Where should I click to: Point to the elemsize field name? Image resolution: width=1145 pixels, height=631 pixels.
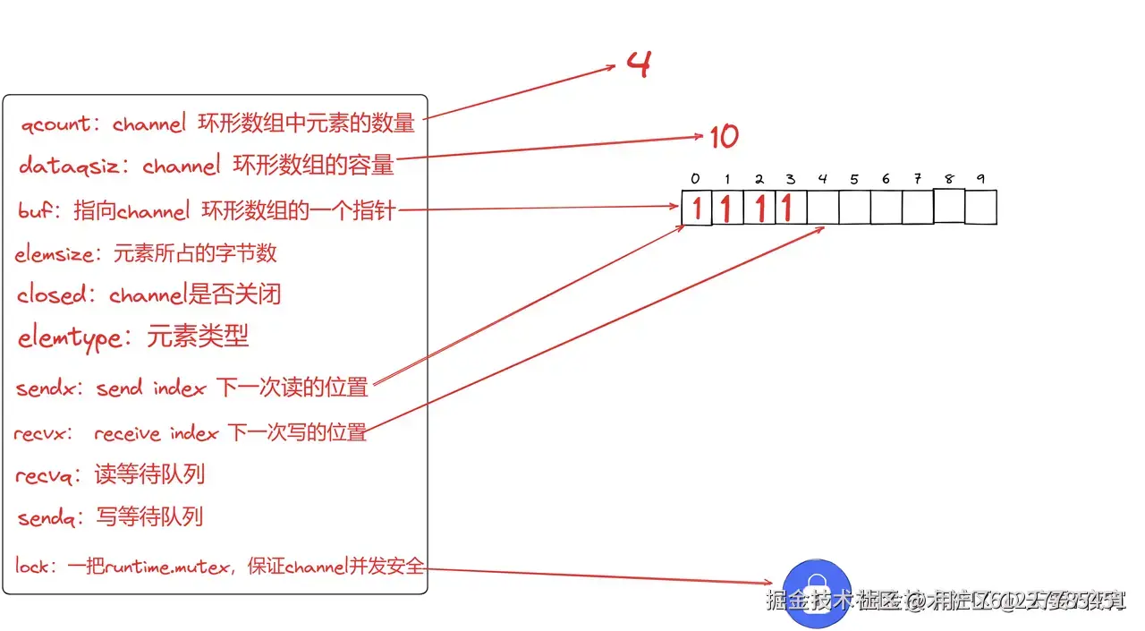[x=55, y=254]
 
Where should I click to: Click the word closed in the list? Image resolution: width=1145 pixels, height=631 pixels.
[x=52, y=294]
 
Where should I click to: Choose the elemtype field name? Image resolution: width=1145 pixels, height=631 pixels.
[x=69, y=337]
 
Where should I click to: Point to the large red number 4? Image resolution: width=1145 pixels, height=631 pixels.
[x=638, y=64]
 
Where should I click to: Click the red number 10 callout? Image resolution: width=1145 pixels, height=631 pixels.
[x=724, y=137]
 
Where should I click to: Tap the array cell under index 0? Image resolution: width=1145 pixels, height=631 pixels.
[x=697, y=208]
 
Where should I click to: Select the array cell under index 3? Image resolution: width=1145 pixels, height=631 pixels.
[x=791, y=208]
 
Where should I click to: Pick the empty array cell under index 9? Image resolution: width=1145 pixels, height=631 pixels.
[x=980, y=207]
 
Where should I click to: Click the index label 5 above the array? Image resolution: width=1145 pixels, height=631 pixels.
[x=854, y=179]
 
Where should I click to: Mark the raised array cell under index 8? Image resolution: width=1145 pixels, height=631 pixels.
[x=949, y=205]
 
